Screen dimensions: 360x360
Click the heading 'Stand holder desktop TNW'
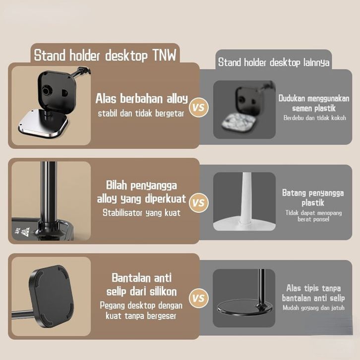pyautogui.click(x=105, y=55)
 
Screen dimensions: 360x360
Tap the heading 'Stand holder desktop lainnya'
pyautogui.click(x=274, y=62)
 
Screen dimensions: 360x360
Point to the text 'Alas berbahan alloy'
pyautogui.click(x=141, y=99)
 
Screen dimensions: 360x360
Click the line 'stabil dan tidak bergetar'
pyautogui.click(x=141, y=114)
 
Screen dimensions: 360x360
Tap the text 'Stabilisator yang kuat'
pyautogui.click(x=141, y=213)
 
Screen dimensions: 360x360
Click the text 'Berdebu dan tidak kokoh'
pyautogui.click(x=314, y=118)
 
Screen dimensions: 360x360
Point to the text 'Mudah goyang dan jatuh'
pyautogui.click(x=313, y=308)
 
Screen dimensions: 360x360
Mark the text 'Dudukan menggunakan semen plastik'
pyautogui.click(x=314, y=103)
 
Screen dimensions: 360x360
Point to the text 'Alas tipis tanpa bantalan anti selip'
pyautogui.click(x=313, y=293)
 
